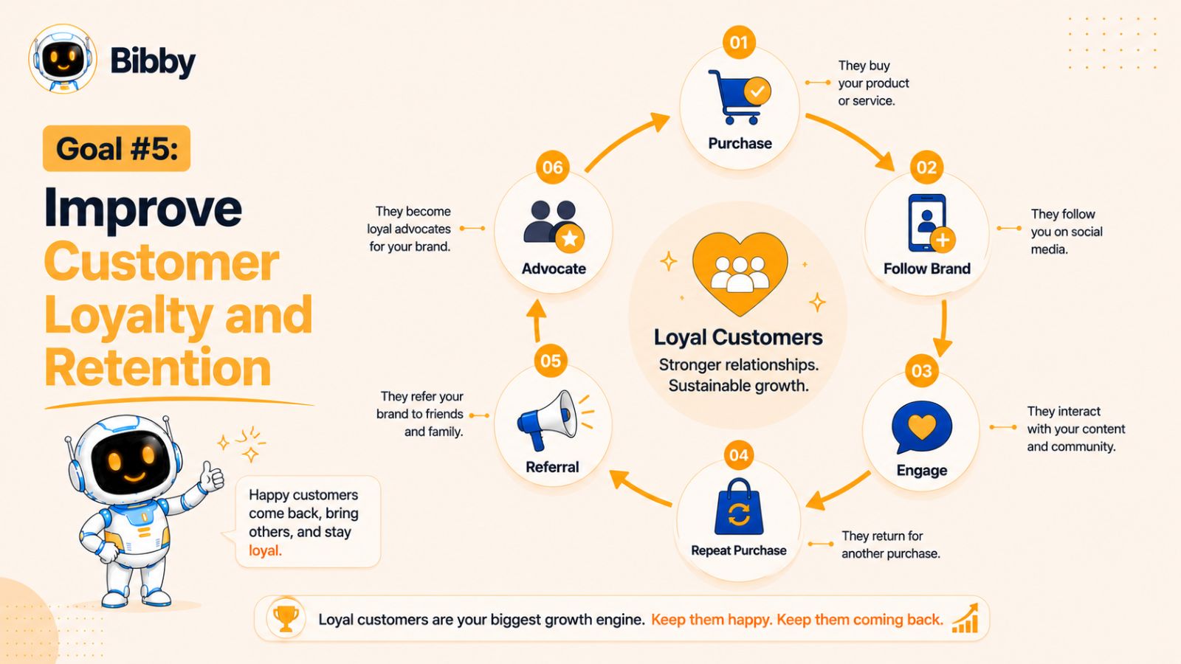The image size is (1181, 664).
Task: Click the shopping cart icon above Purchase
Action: click(738, 97)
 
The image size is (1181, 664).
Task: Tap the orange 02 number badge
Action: click(926, 167)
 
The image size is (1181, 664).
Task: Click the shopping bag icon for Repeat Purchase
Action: click(739, 507)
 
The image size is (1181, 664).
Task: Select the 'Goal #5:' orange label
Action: click(117, 148)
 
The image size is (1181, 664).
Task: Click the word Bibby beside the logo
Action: click(153, 62)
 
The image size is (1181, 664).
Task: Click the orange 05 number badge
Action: click(551, 361)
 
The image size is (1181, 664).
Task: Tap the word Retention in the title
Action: click(158, 367)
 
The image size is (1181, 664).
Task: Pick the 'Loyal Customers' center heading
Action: click(738, 337)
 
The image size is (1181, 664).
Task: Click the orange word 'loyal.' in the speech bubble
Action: click(265, 550)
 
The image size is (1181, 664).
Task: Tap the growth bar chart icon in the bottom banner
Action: click(965, 618)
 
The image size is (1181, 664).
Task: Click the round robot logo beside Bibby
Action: click(63, 58)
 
